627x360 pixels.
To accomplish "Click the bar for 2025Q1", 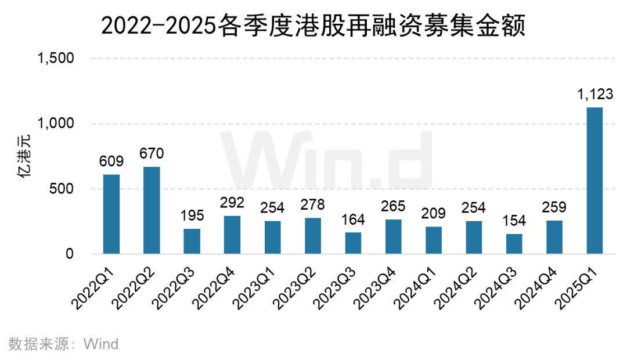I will [594, 181].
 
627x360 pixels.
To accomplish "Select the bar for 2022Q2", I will [152, 210].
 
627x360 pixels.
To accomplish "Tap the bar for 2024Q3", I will [514, 244].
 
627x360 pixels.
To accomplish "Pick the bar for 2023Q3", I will [353, 243].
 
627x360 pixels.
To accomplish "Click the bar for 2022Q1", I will [111, 214].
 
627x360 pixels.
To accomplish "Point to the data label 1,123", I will [594, 95].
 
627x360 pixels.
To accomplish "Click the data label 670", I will [152, 154].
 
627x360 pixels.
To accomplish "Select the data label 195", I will [192, 216].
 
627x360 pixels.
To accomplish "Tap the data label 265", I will [393, 207].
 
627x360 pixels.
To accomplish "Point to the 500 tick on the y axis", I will [61, 189].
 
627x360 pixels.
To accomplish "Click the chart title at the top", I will [313, 26].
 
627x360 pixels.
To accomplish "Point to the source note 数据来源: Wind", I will [64, 344].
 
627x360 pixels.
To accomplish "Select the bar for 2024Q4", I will [554, 237].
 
